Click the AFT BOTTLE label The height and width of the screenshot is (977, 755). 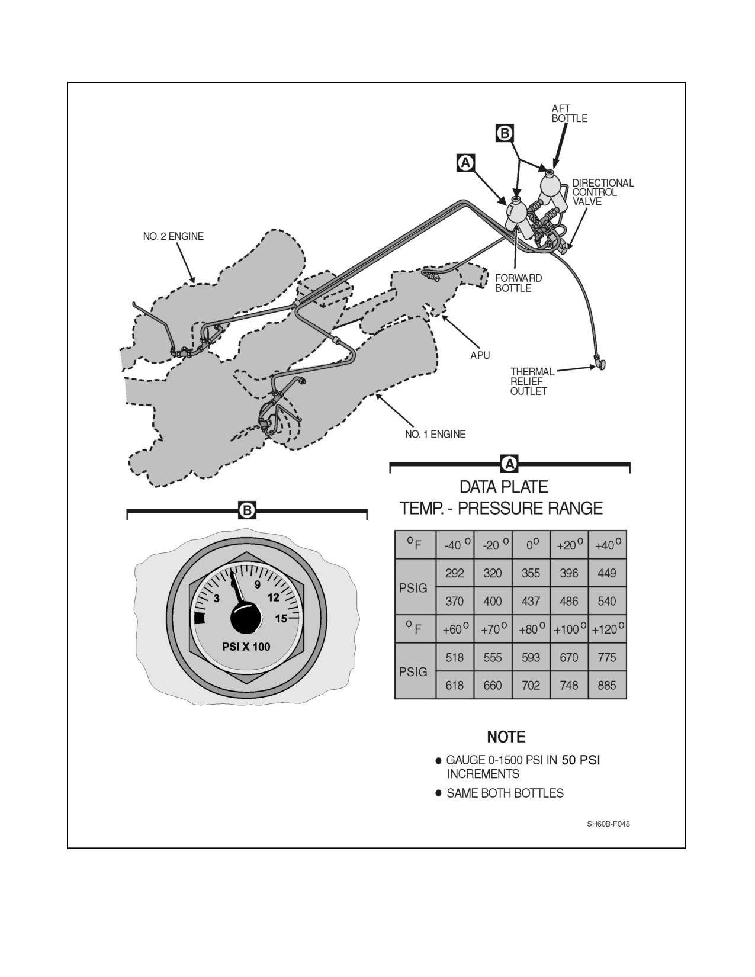pyautogui.click(x=569, y=113)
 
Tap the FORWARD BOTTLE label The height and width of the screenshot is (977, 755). pyautogui.click(x=519, y=283)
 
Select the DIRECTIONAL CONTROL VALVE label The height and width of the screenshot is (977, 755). pyautogui.click(x=603, y=192)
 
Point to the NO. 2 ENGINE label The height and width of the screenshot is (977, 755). pyautogui.click(x=173, y=236)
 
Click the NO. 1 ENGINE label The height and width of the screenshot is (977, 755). pyautogui.click(x=435, y=435)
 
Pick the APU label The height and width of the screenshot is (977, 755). pyautogui.click(x=480, y=355)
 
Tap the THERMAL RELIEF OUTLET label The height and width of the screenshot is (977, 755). pyautogui.click(x=532, y=381)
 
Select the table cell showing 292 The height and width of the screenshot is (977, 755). pyautogui.click(x=455, y=573)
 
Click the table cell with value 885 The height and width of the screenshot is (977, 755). pyautogui.click(x=607, y=686)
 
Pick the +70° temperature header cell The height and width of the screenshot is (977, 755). pyautogui.click(x=493, y=629)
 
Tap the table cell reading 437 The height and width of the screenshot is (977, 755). pyautogui.click(x=531, y=601)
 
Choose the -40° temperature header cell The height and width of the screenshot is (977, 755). pyautogui.click(x=455, y=545)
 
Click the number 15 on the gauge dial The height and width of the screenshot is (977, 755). pyautogui.click(x=281, y=619)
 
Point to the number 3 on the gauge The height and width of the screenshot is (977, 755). pyautogui.click(x=216, y=599)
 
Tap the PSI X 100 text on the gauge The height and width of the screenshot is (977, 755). pyautogui.click(x=246, y=647)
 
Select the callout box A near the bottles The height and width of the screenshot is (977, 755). pyautogui.click(x=466, y=163)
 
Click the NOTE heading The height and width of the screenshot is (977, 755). pyautogui.click(x=506, y=737)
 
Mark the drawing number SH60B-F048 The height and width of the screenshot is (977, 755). pyautogui.click(x=608, y=824)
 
